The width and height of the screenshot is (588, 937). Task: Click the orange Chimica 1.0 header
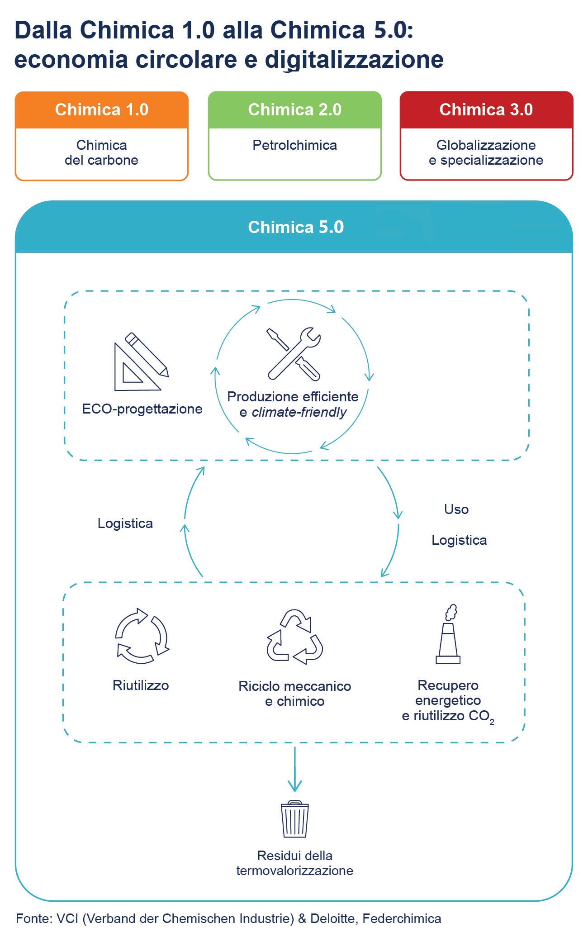pyautogui.click(x=102, y=110)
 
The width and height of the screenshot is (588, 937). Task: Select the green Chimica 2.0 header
pyautogui.click(x=294, y=110)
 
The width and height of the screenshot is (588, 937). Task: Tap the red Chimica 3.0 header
pyautogui.click(x=486, y=110)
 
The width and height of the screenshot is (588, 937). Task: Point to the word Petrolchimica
pyautogui.click(x=294, y=145)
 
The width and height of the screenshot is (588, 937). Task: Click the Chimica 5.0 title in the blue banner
pyautogui.click(x=296, y=227)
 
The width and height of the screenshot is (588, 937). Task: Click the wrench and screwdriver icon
pyautogui.click(x=294, y=353)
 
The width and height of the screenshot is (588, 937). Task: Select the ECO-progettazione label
pyautogui.click(x=142, y=409)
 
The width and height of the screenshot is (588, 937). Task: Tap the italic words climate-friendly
pyautogui.click(x=299, y=412)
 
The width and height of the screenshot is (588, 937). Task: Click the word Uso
pyautogui.click(x=456, y=509)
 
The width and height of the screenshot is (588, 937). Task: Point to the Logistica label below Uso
pyautogui.click(x=459, y=540)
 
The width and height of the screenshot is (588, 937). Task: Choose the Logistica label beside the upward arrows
pyautogui.click(x=125, y=523)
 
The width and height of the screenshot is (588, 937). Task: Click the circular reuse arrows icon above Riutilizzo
pyautogui.click(x=141, y=636)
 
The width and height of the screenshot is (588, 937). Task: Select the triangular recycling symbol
pyautogui.click(x=294, y=637)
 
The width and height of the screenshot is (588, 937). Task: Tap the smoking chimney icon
pyautogui.click(x=448, y=634)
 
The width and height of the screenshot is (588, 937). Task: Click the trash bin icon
pyautogui.click(x=295, y=820)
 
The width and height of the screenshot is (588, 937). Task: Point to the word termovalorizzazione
pyautogui.click(x=295, y=870)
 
